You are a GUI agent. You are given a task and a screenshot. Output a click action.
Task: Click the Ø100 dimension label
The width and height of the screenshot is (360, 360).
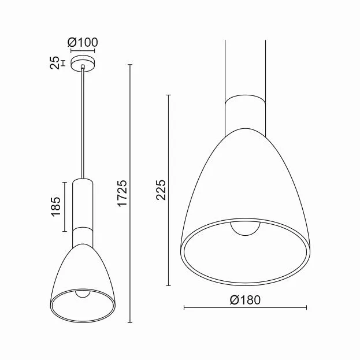83,43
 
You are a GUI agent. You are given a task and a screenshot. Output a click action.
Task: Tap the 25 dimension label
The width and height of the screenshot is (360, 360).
55,63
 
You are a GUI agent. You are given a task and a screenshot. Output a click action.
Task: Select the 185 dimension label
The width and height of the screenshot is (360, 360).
56,207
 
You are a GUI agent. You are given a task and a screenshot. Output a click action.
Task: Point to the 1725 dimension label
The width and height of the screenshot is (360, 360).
122,194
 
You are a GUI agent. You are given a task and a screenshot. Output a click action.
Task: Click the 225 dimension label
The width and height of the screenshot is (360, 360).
161,190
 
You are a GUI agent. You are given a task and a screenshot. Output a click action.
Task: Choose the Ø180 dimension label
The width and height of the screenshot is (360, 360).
245,300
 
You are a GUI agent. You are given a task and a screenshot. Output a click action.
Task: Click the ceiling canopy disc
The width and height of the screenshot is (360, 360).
83,64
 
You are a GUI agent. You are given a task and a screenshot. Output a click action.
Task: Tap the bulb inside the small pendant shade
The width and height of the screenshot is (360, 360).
83,294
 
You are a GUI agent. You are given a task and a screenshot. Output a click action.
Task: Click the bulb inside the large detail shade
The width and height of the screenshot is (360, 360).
246,228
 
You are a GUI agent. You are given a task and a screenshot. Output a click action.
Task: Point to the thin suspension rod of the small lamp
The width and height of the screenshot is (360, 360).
83,124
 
